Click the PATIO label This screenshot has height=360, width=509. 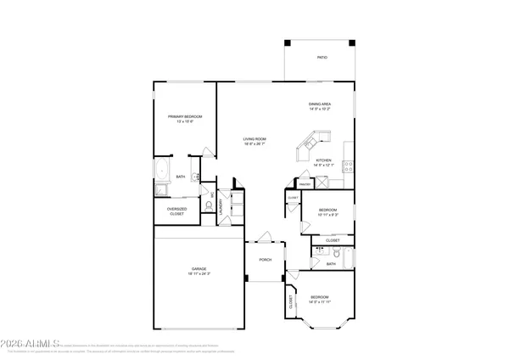(322, 58)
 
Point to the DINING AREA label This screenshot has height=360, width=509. (319, 104)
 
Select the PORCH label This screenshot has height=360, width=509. (266, 260)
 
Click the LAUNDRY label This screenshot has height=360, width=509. (222, 205)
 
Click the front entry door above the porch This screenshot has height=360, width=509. (266, 236)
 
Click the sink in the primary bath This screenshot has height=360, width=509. (194, 177)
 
